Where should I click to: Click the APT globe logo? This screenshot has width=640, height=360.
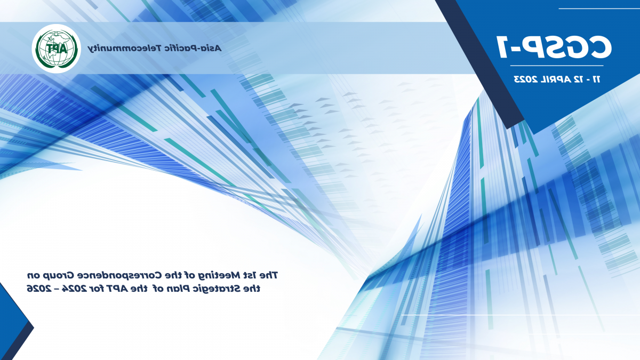pos(57,49)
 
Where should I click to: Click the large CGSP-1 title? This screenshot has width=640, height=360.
pos(554,47)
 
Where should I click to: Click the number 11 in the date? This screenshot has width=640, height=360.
pos(596,79)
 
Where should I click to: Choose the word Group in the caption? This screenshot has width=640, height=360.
pos(58,275)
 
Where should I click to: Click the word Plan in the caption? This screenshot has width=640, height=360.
pos(178,289)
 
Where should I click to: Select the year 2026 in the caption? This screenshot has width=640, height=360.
pos(39,289)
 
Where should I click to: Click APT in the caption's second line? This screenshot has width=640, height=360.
pos(117,289)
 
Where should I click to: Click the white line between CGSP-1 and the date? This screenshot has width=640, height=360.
pos(557,66)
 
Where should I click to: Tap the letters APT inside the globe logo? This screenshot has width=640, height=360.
pos(57,49)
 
